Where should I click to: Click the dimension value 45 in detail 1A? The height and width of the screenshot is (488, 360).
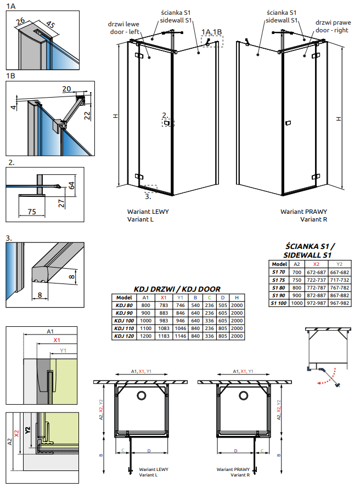click(x=50, y=25)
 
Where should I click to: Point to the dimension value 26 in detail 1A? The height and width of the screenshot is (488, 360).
click(x=21, y=21)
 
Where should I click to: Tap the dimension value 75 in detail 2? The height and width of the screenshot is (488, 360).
click(x=31, y=212)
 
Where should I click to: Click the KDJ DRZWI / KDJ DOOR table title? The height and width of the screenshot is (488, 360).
click(x=177, y=289)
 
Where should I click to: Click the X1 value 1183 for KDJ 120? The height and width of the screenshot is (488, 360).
click(x=163, y=336)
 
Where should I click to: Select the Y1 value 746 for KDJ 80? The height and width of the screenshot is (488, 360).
click(x=179, y=305)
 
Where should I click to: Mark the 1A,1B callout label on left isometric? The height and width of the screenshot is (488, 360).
click(x=211, y=32)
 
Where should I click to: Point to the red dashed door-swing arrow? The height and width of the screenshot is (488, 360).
click(x=327, y=378)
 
